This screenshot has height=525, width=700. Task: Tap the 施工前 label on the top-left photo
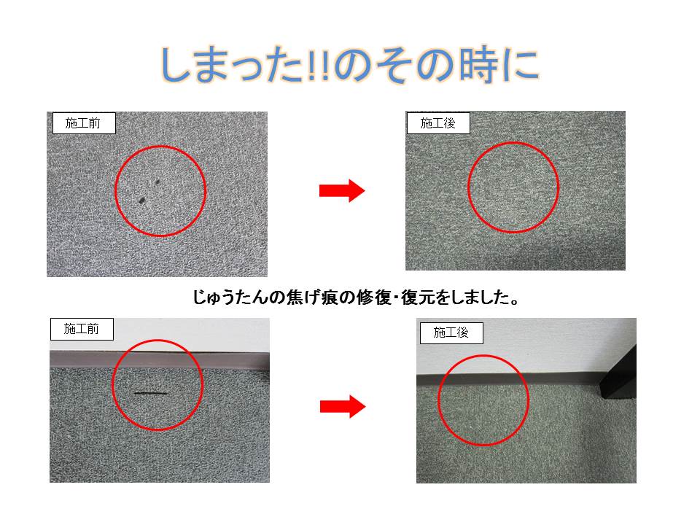(x=84, y=123)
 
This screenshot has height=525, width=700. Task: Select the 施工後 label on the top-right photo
(x=438, y=123)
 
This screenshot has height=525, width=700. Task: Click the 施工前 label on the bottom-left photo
(x=82, y=330)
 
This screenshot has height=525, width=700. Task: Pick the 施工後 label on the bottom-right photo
(x=451, y=333)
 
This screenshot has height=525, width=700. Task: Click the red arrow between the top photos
(x=342, y=190)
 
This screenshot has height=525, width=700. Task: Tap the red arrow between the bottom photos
(x=343, y=406)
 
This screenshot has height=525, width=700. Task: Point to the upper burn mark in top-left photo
(x=157, y=182)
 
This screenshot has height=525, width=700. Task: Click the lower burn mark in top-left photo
(x=141, y=201)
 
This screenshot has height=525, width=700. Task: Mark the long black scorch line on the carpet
(x=151, y=393)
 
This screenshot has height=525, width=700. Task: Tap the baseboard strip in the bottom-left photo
(x=160, y=359)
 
